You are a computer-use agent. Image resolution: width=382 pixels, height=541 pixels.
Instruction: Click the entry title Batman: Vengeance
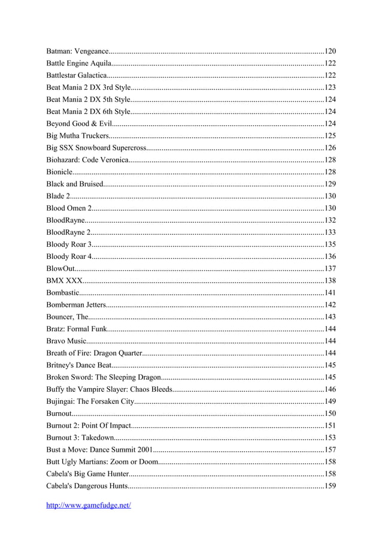point(77,51)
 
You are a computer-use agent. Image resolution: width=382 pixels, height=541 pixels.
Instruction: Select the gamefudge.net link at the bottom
point(89,505)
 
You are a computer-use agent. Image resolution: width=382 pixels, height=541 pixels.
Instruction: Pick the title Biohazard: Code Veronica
point(87,159)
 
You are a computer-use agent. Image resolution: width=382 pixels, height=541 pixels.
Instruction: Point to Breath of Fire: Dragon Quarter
point(94,353)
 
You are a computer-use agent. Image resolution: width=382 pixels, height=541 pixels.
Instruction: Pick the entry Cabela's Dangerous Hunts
point(86,485)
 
